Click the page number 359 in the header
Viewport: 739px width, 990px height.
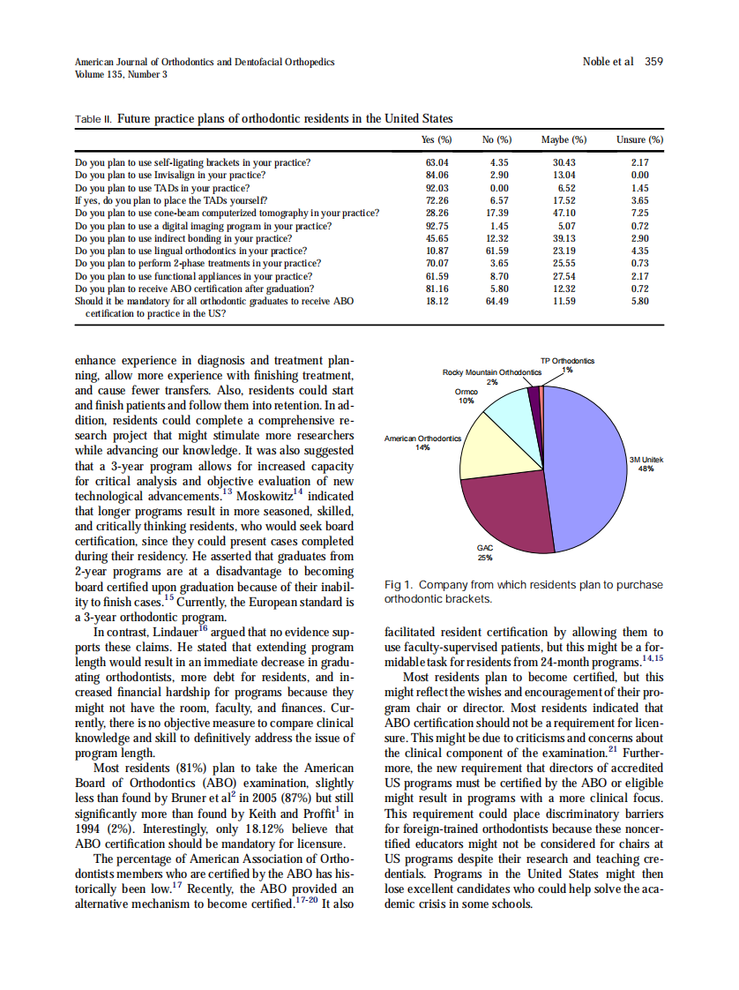[653, 62]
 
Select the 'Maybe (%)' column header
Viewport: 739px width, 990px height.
[564, 139]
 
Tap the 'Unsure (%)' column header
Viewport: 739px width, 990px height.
[639, 139]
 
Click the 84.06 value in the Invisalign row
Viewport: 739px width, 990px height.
[437, 176]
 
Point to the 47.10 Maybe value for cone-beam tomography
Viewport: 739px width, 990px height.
[564, 213]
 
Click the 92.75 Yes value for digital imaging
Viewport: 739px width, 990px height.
[437, 226]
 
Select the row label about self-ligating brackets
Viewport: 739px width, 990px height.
[192, 163]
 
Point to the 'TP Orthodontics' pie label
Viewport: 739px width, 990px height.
[567, 361]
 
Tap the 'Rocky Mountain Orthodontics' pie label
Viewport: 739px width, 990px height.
[491, 372]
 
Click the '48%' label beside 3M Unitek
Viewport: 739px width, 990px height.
[645, 469]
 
